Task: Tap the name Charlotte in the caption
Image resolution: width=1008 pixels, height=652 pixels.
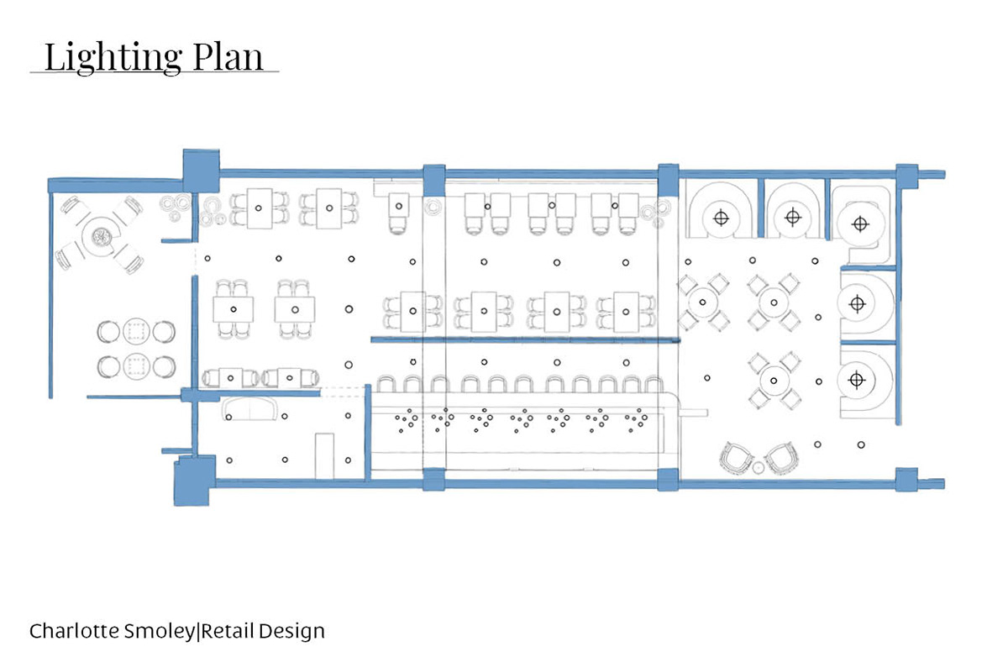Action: click(x=70, y=630)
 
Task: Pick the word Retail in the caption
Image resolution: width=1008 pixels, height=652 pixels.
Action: click(x=227, y=630)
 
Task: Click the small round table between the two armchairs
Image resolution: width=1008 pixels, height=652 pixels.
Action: click(x=759, y=466)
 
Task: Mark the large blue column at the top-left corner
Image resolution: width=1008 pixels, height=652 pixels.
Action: click(x=201, y=165)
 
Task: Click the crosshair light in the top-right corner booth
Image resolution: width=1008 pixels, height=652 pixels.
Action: click(x=858, y=223)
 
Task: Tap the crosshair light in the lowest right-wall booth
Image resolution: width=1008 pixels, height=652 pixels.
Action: click(x=856, y=380)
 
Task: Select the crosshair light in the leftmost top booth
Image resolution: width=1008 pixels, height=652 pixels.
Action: click(x=720, y=218)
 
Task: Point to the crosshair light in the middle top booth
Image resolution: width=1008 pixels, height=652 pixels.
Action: click(x=791, y=218)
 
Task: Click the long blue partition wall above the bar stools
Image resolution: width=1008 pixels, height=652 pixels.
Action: click(x=524, y=339)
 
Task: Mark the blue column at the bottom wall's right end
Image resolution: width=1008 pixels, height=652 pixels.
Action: click(x=906, y=480)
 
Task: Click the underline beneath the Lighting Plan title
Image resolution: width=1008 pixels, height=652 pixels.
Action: click(x=155, y=72)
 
